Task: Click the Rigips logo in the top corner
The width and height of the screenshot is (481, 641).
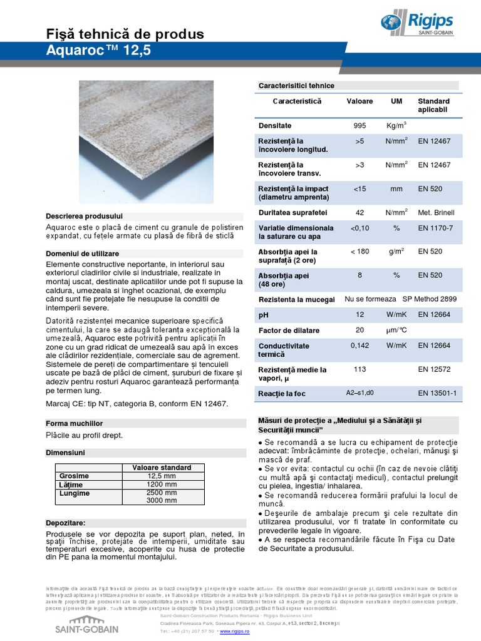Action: point(418,23)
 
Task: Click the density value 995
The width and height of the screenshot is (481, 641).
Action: point(359,126)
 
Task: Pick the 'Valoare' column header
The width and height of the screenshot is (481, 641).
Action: point(359,101)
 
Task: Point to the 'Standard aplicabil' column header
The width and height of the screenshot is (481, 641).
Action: point(433,105)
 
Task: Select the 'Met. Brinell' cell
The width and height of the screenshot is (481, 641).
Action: point(436,213)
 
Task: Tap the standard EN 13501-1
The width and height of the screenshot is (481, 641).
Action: point(437,393)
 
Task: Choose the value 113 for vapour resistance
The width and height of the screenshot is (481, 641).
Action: point(359,369)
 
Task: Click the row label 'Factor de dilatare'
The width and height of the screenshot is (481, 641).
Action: point(289,331)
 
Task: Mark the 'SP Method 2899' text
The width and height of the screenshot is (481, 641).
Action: point(429,299)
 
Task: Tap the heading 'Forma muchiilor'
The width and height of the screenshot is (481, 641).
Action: point(75,423)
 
